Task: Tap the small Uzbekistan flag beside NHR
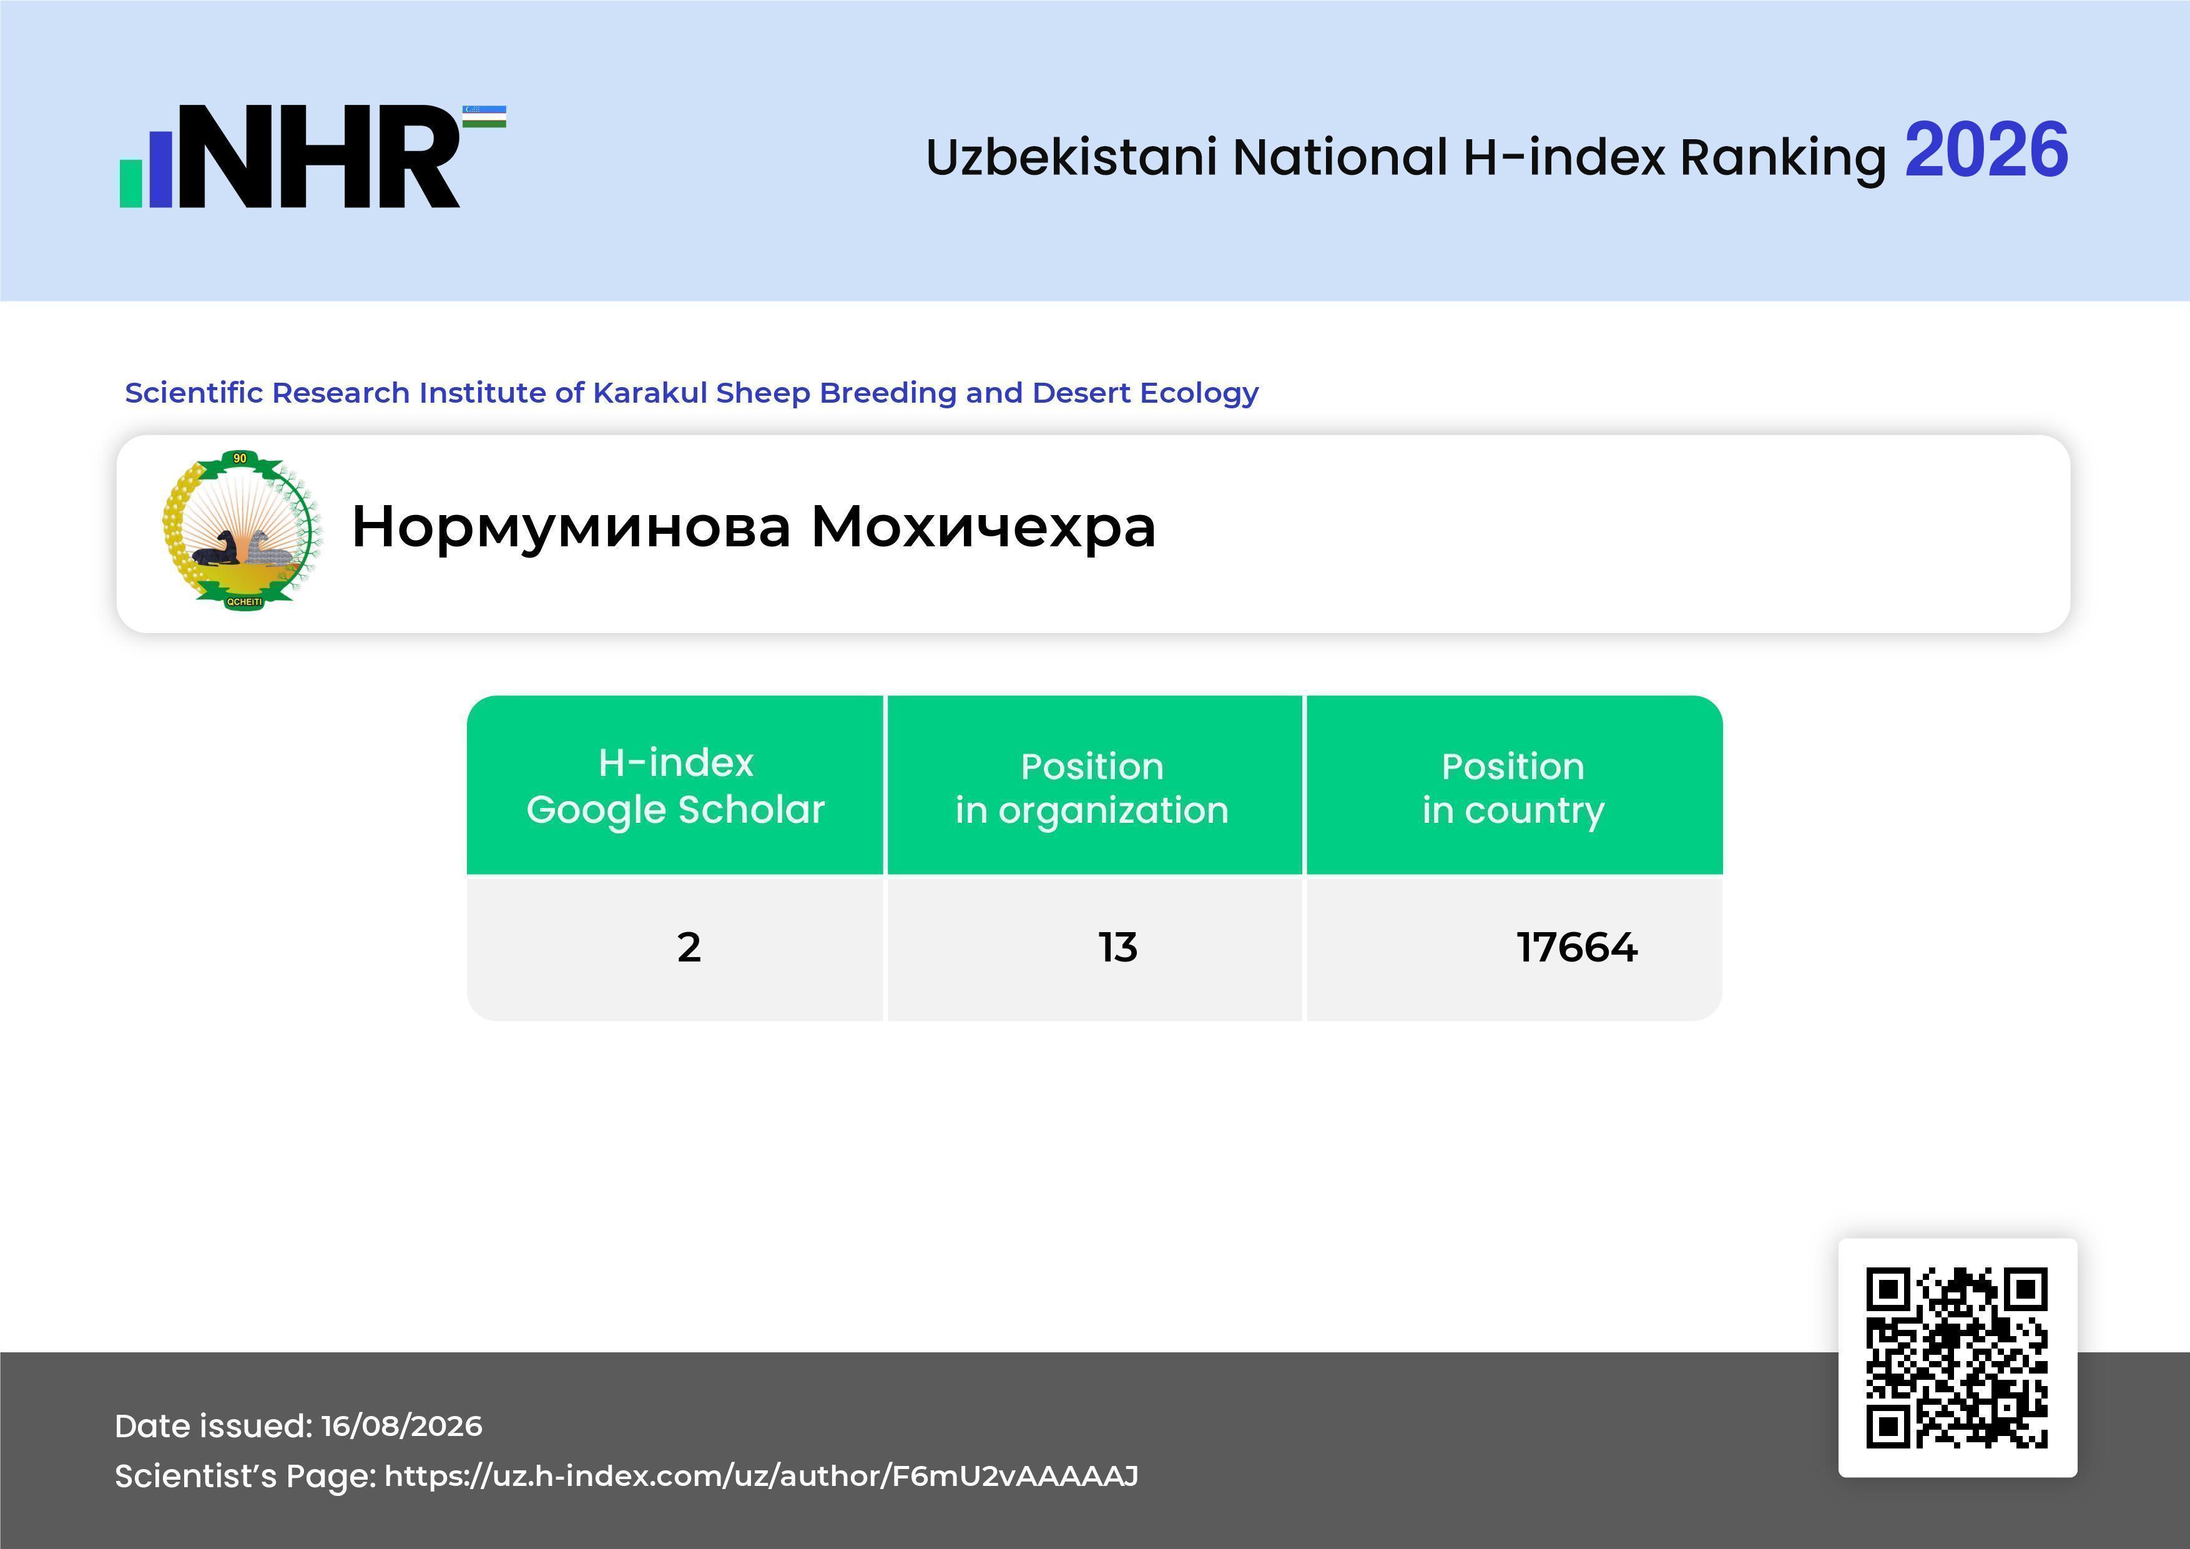[484, 116]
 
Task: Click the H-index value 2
[689, 947]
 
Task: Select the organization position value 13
[1118, 947]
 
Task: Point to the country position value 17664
[1577, 947]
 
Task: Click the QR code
[1957, 1357]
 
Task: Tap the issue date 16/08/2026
[401, 1426]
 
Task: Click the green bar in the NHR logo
[130, 183]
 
